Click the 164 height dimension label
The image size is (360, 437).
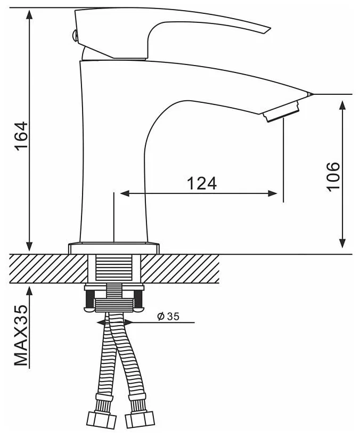pos(22,136)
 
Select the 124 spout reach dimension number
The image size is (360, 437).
pos(201,184)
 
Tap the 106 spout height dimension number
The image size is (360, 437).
pos(333,176)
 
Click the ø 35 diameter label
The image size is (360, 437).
pos(168,317)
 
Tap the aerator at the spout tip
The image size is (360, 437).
pos(281,112)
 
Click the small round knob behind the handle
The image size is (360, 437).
pos(75,35)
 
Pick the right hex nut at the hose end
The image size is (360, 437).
pos(140,419)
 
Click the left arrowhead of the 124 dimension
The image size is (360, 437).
pos(125,193)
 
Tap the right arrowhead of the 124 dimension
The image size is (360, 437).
pos(273,193)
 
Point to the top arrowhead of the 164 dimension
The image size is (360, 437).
pos(29,14)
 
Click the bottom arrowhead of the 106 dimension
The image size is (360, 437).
pos(342,243)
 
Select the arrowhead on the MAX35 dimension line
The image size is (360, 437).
pos(29,291)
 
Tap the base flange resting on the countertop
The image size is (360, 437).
pos(114,248)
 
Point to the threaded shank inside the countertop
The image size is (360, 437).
pos(113,269)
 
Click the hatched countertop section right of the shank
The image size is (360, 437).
pos(179,269)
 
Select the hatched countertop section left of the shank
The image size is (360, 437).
pos(48,269)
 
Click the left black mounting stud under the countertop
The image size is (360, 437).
pos(91,298)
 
